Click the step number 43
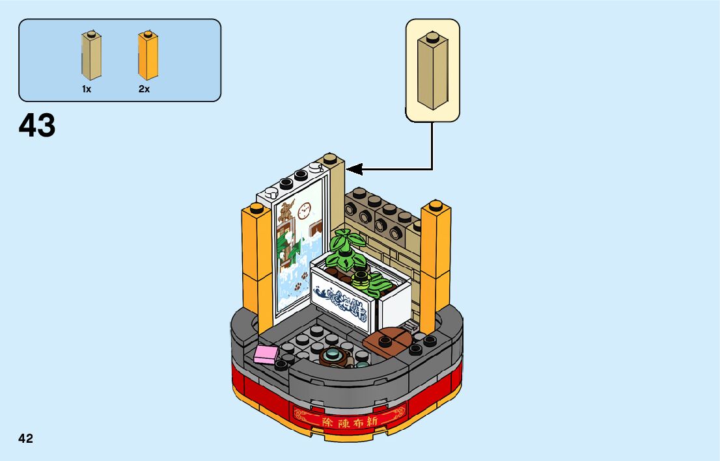37,125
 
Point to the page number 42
25,438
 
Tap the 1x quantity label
87,90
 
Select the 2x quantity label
144,90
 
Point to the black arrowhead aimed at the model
354,169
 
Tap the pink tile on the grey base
266,354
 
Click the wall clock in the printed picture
304,210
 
